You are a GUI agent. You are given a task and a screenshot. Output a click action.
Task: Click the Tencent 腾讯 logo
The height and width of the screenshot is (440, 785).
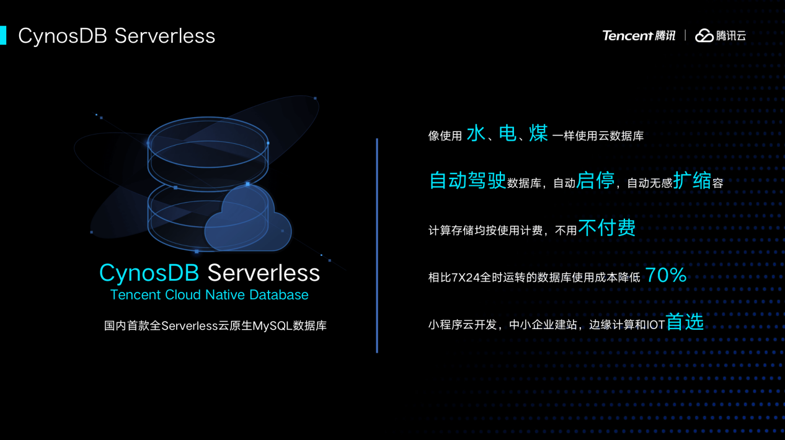point(639,36)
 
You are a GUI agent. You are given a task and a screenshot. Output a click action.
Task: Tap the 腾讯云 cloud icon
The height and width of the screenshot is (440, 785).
point(704,36)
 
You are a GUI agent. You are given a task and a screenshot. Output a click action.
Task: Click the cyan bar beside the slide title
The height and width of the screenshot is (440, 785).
point(3,35)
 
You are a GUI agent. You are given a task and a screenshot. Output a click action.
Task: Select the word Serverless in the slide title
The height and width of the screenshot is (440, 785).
point(165,36)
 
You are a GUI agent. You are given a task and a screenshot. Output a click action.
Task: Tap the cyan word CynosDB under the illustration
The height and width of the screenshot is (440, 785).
point(149,273)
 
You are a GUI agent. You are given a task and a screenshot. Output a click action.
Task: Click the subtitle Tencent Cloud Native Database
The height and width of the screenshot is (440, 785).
point(209,294)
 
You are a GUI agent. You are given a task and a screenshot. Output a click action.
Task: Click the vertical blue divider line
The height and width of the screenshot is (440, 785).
point(377,245)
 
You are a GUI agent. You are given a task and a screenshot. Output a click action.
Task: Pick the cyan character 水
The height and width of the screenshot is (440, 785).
point(476,133)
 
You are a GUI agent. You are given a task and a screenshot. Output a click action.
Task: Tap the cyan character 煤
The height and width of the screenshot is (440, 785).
point(538,133)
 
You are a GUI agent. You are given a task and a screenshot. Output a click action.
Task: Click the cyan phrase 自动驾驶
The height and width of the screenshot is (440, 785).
point(468,180)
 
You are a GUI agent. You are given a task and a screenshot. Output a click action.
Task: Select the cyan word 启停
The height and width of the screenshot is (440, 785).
point(595,180)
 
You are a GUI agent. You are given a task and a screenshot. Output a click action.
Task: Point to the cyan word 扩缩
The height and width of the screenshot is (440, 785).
point(692,180)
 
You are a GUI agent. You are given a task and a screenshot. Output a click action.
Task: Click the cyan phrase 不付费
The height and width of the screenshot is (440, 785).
point(607,227)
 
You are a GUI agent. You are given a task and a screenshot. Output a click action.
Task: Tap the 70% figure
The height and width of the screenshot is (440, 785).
point(666,275)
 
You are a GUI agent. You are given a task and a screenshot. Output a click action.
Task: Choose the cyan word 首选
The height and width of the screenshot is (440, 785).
point(685,322)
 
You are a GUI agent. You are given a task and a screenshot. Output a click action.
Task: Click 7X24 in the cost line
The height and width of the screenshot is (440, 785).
point(466,278)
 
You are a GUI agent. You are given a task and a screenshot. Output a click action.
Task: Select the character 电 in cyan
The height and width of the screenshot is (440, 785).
point(507,133)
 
